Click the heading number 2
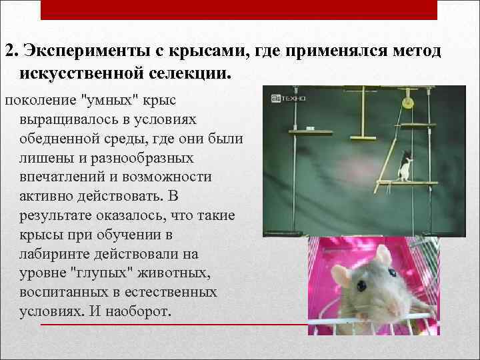pyautogui.click(x=9, y=52)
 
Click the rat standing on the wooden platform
pyautogui.click(x=404, y=167)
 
